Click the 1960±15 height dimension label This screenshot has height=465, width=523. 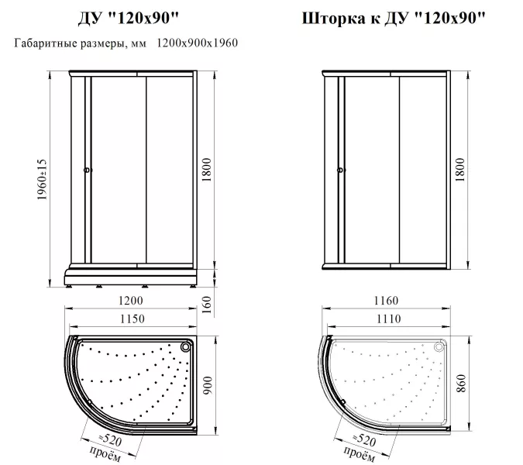coord(43,180)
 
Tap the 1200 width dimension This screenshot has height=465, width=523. coord(130,301)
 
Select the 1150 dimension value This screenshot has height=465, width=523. coord(132,319)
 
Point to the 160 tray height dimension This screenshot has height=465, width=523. coord(207,305)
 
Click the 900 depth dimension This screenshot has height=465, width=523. coord(208,385)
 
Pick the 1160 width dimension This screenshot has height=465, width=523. coord(386,301)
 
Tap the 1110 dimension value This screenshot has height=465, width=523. coord(389,319)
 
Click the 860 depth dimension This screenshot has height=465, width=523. coord(461,384)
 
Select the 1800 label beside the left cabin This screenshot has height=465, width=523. coord(207,170)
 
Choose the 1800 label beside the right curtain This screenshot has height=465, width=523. coord(460,170)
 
